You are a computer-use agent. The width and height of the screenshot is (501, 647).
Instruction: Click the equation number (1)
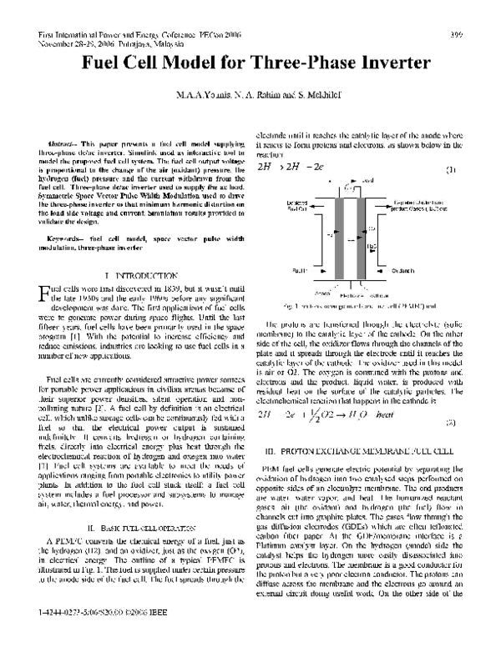pyautogui.click(x=451, y=171)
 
